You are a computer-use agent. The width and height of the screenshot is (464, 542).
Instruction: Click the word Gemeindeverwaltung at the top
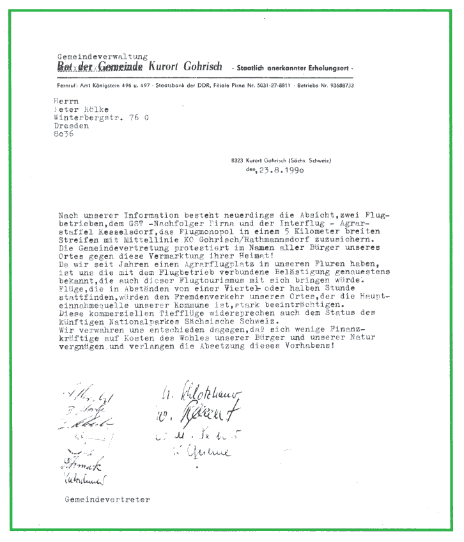102,56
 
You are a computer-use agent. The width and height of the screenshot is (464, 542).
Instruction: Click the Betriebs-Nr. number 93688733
337,85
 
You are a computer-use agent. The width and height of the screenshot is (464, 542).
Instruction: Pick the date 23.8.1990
282,171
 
